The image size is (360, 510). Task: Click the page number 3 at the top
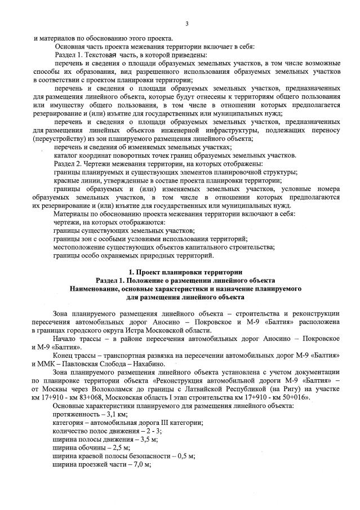point(186,23)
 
